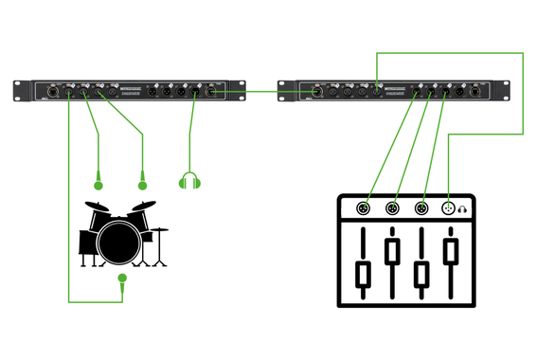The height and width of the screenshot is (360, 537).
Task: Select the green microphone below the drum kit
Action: pyautogui.click(x=121, y=279)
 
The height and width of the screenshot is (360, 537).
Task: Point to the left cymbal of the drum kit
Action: pyautogui.click(x=96, y=206)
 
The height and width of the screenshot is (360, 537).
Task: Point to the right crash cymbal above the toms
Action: pyautogui.click(x=143, y=206)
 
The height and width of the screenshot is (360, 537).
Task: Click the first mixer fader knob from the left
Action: pyautogui.click(x=361, y=276)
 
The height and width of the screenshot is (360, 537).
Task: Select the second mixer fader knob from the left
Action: pyautogui.click(x=391, y=252)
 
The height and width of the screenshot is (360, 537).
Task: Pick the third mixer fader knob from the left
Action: pyautogui.click(x=421, y=276)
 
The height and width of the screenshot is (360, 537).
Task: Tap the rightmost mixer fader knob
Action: pyautogui.click(x=452, y=252)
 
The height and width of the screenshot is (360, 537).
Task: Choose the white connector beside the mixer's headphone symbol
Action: pyautogui.click(x=449, y=208)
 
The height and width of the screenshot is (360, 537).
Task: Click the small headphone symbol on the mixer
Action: pyautogui.click(x=464, y=208)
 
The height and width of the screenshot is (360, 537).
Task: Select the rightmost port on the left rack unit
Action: pyautogui.click(x=210, y=92)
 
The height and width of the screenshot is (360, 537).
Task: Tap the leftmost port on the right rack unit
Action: pyautogui.click(x=314, y=92)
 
